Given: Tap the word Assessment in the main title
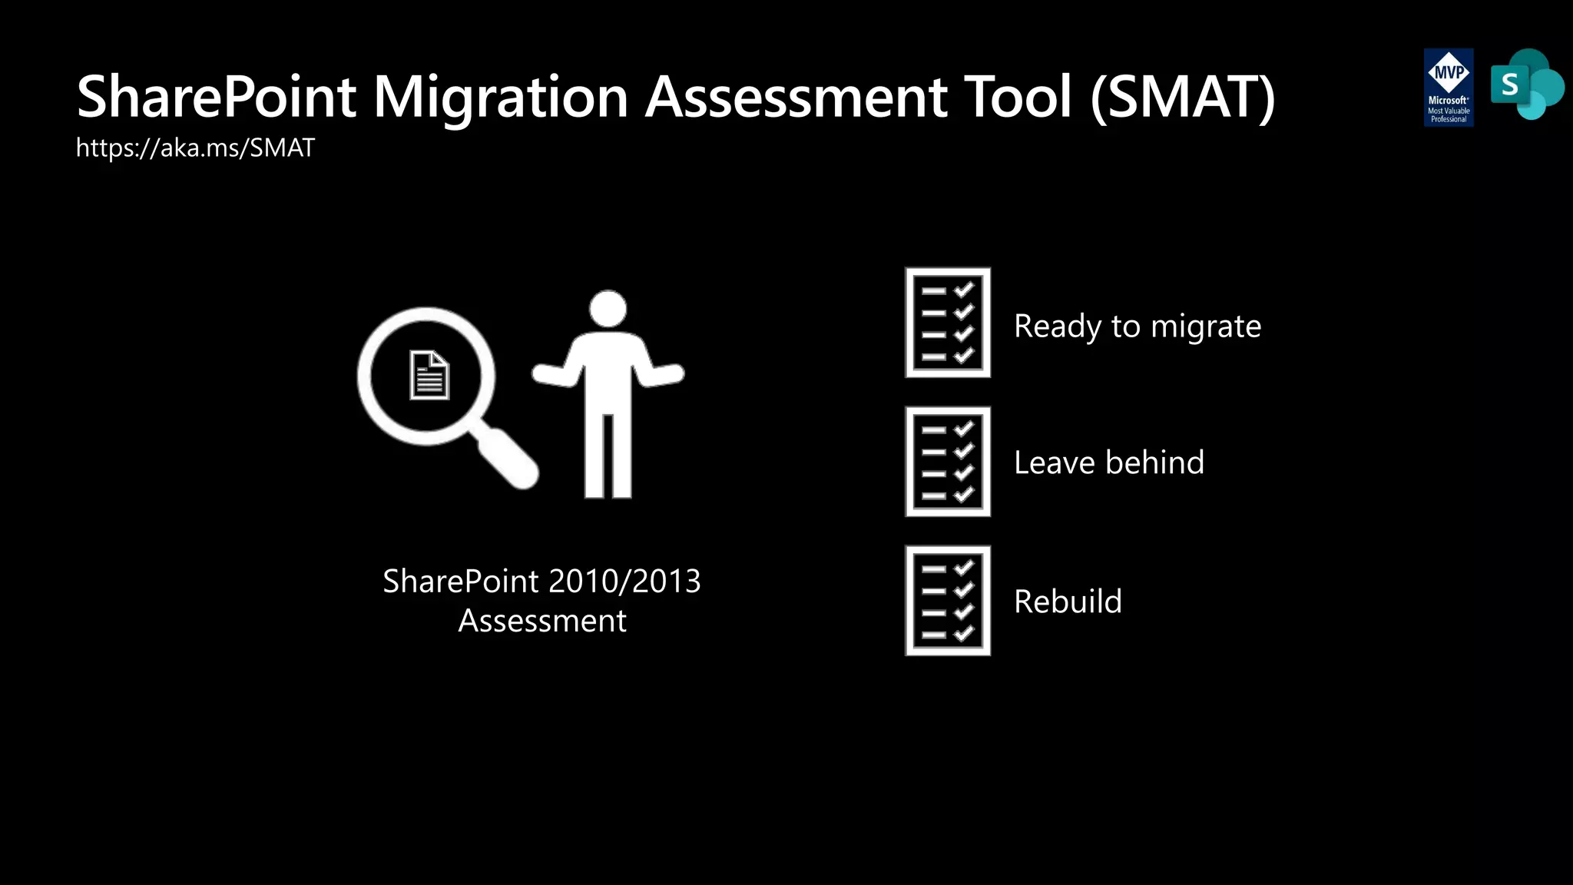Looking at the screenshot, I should tap(796, 98).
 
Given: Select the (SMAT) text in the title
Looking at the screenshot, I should tap(1183, 98).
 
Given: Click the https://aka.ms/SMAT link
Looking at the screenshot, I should tap(195, 147).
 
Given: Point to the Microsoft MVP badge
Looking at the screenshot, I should tap(1448, 87).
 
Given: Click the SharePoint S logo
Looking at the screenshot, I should tap(1525, 85).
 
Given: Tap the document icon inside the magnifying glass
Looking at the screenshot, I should tap(429, 376).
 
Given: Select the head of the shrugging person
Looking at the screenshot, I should tap(608, 309).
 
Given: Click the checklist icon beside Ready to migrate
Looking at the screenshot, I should tap(948, 323).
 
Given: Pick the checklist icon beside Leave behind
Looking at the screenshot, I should tap(948, 462).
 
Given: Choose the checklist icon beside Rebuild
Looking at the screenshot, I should tap(948, 601).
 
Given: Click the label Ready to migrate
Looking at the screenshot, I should tap(1137, 326).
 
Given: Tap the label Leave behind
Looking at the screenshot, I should tap(1108, 462).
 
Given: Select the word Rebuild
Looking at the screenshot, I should tap(1068, 602).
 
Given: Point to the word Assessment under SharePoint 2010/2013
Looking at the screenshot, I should tap(542, 621).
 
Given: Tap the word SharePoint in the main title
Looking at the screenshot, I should tap(217, 98).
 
